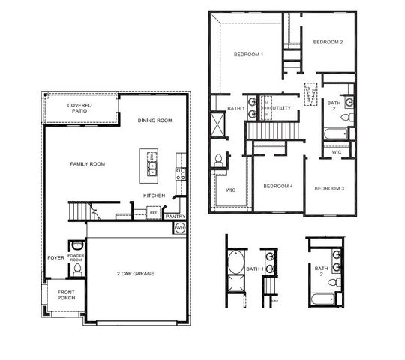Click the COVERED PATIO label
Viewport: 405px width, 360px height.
tap(79, 109)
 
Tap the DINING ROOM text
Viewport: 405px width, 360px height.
tap(155, 120)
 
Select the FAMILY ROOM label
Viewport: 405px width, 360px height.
tap(87, 163)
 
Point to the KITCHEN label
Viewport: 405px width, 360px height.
tap(154, 196)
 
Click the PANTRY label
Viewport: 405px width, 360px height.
tap(175, 217)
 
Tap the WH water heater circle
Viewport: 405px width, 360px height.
tap(180, 228)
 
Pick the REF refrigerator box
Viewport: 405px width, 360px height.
tap(153, 213)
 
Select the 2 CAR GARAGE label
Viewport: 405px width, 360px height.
tap(135, 273)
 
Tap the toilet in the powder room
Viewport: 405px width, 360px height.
tap(77, 246)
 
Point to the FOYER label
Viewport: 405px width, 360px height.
tap(56, 257)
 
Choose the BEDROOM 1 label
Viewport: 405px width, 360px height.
tap(248, 55)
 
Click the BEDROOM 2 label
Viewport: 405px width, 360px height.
tap(328, 42)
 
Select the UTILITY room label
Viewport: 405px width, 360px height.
tap(280, 108)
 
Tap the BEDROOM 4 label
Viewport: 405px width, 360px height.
tap(278, 186)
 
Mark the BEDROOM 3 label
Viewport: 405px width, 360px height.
tap(328, 187)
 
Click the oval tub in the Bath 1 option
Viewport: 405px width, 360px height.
tap(234, 265)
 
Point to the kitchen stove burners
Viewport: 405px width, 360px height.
tap(180, 174)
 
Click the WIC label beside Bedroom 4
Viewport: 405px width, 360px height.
tap(230, 190)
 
